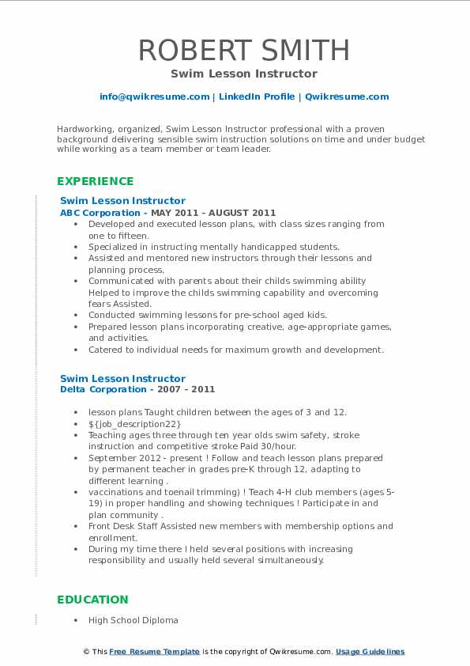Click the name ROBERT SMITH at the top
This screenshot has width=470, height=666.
243,50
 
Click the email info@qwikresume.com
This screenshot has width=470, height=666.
154,96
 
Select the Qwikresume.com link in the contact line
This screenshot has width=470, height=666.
347,96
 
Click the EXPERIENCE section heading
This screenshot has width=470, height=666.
95,181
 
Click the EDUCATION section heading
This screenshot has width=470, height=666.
92,600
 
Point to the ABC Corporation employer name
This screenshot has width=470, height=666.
100,213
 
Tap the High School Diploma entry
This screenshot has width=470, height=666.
133,620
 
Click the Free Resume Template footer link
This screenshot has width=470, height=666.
155,652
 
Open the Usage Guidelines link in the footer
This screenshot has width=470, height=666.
370,652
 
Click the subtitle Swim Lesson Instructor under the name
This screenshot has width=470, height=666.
243,74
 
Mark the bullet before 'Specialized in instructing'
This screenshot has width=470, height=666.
76,247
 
